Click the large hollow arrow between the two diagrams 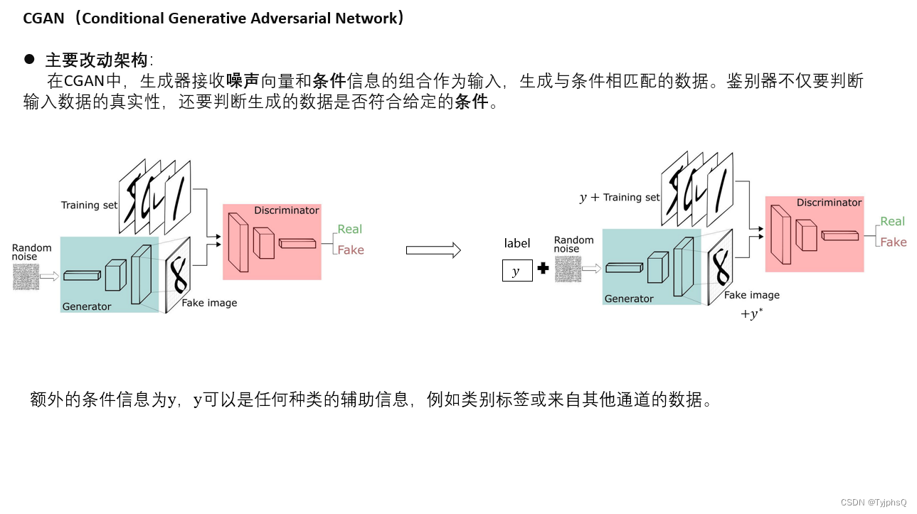433,250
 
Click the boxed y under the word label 517,272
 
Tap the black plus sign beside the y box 543,269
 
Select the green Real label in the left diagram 350,229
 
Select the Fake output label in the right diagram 893,242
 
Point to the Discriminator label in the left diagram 287,210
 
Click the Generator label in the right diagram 629,299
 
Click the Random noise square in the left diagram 26,276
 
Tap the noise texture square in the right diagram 567,269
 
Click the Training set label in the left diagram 89,205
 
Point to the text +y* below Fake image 752,314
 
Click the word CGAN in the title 43,18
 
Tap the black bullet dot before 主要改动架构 29,58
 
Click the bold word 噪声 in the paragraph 242,81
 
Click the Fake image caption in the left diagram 209,303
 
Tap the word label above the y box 517,243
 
